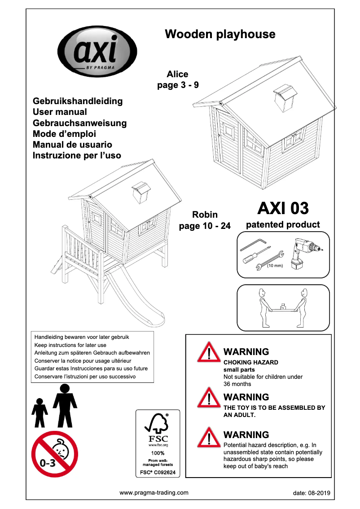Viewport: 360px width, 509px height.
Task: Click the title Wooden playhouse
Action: pos(220,34)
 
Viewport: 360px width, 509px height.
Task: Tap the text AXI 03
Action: pos(283,208)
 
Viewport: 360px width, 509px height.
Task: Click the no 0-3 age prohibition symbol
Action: pos(55,454)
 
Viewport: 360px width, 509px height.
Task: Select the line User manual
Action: pos(60,112)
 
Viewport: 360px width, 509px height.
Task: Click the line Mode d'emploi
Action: pos(65,134)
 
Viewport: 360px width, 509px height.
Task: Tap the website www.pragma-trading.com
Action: pos(154,492)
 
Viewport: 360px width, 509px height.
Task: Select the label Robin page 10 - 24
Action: pos(205,220)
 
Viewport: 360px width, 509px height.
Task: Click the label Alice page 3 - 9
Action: pos(178,79)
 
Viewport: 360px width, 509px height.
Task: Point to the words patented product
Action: pos(283,224)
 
